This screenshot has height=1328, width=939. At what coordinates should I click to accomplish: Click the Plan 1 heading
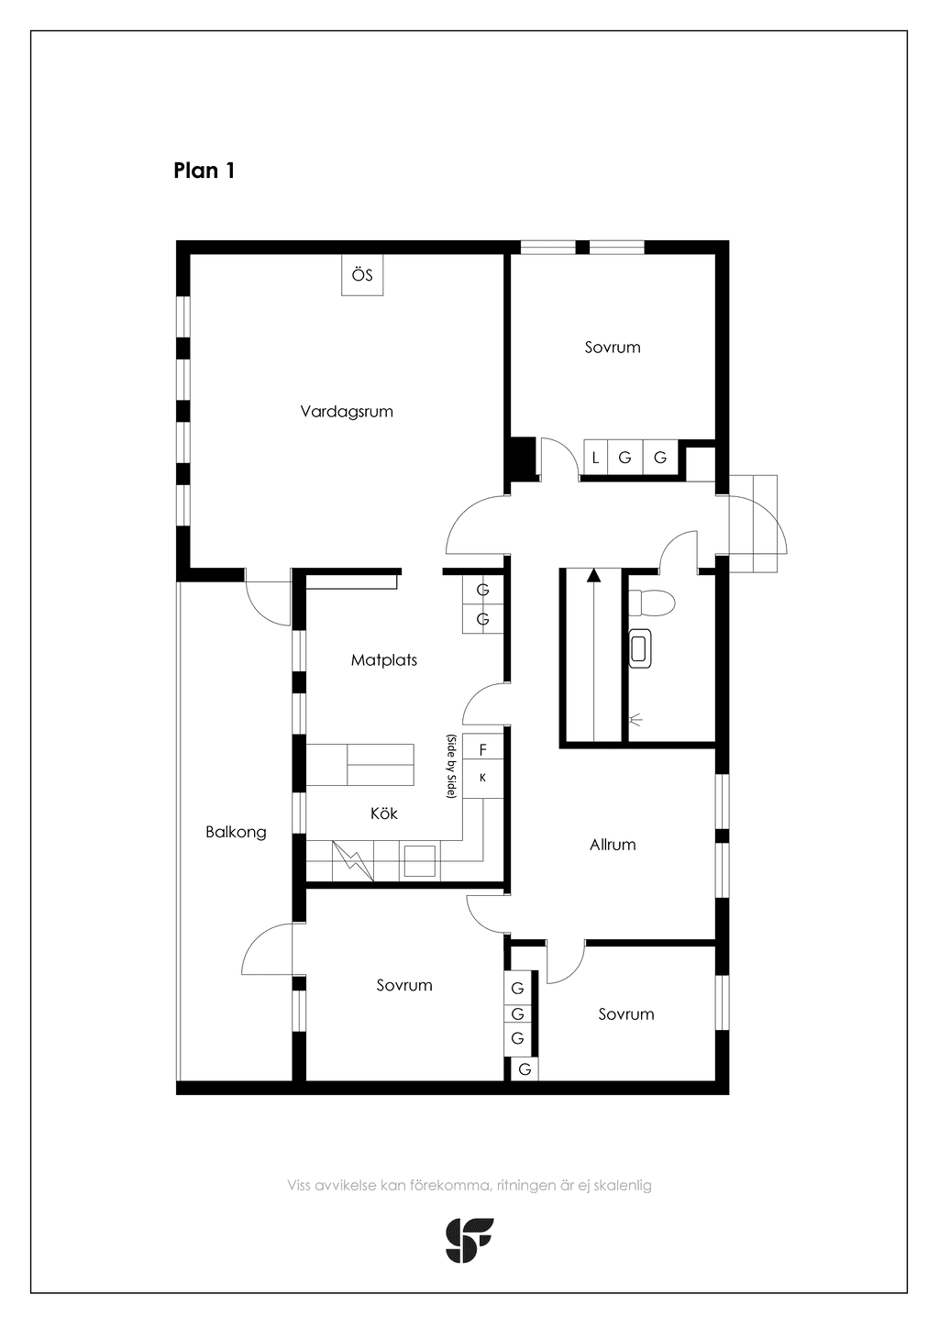point(204,171)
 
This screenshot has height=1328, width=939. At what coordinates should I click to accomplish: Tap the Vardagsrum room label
point(347,411)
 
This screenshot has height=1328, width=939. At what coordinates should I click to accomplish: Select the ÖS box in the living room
point(362,275)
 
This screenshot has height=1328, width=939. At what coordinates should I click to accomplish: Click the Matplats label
point(384,659)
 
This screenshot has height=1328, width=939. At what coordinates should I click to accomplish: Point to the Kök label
point(383,813)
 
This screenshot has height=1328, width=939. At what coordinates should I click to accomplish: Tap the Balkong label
point(236,833)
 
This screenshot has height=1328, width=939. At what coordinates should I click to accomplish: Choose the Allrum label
point(613,845)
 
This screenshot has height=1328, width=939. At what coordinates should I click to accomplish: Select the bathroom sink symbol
point(640,648)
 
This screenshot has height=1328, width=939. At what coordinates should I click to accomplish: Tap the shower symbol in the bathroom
point(635,720)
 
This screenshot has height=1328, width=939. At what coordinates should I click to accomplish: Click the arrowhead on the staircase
point(592,574)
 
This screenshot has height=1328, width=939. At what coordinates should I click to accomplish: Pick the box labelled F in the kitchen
point(482,750)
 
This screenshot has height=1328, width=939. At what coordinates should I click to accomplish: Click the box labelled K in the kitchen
point(482,779)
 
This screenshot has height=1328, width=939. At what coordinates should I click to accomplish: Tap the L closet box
point(595,457)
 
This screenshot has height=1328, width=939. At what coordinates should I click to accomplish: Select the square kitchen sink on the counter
point(420,861)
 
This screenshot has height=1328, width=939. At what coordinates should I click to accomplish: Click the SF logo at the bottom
point(469,1240)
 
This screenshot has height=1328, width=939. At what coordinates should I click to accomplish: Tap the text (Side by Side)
point(451,766)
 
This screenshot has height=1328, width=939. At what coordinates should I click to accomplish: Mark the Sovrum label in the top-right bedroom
point(613,347)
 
